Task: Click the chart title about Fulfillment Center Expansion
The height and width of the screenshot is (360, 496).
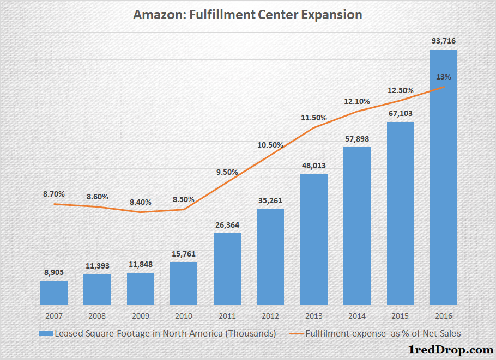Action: (x=247, y=15)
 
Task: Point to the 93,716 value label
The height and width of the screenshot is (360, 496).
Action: (x=444, y=40)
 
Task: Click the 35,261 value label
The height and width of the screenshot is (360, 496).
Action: (x=270, y=200)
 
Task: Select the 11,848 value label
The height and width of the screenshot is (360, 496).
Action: (x=141, y=264)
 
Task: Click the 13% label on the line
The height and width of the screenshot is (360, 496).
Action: (x=444, y=77)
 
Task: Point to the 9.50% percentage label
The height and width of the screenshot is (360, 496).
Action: (x=227, y=172)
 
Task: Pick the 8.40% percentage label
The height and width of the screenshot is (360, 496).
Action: (x=141, y=202)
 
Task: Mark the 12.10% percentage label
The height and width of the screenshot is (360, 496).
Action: (x=357, y=101)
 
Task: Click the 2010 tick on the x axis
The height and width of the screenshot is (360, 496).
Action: (x=184, y=315)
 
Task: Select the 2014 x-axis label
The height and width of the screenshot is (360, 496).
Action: (x=357, y=315)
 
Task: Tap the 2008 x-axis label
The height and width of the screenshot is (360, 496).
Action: (x=97, y=315)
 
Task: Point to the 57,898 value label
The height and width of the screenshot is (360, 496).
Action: (x=357, y=138)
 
